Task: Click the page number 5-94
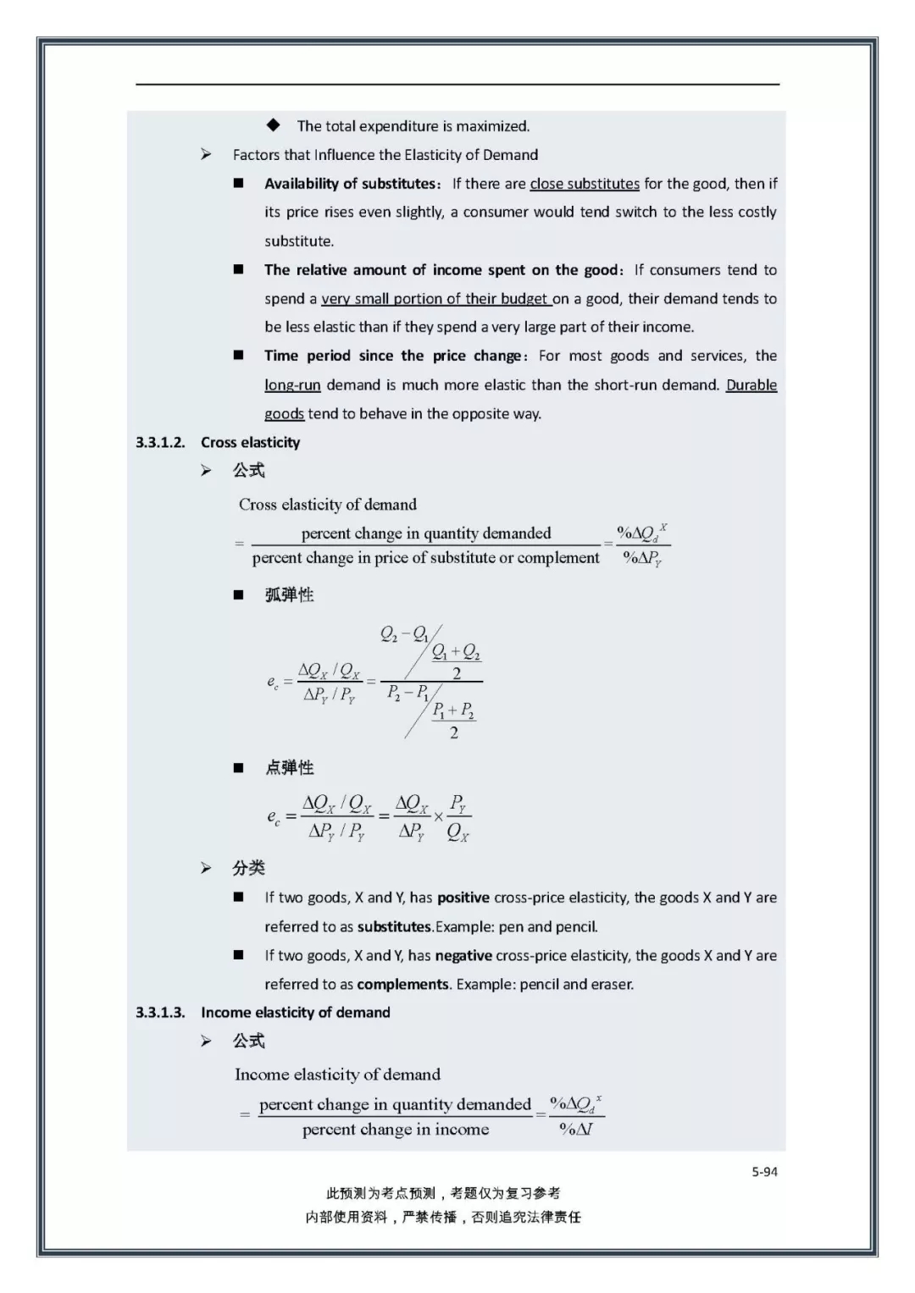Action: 764,1172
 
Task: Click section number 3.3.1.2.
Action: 160,442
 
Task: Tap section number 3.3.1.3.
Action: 160,1012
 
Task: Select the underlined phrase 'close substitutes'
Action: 585,184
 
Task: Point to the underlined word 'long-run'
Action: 292,385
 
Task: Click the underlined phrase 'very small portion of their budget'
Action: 435,299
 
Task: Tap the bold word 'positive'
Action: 463,898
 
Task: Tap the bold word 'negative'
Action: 463,955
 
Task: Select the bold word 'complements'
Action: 402,984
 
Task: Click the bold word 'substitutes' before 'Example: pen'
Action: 394,926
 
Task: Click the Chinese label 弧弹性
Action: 289,594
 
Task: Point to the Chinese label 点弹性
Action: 289,767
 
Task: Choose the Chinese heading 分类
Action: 249,868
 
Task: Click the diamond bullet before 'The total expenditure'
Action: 273,125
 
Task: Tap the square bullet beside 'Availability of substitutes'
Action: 239,183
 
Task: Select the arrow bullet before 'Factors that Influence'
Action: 206,154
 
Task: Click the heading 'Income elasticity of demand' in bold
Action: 295,1012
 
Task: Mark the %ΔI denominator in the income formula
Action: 576,1129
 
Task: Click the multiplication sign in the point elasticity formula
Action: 438,816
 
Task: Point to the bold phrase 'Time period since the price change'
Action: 393,356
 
